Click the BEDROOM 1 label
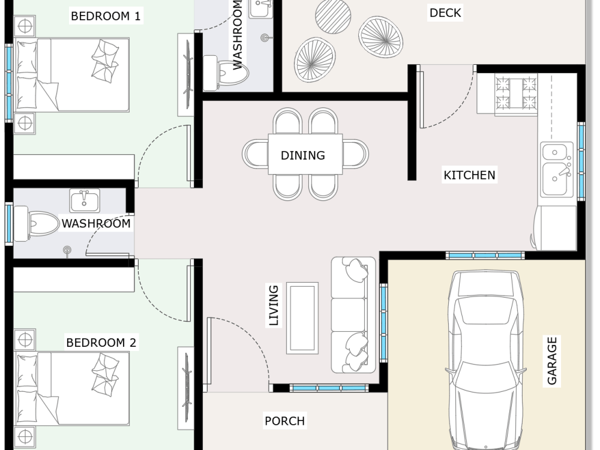tap(106, 16)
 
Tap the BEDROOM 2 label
tap(101, 343)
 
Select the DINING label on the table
tap(302, 155)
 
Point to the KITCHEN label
tap(469, 175)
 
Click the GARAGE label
tap(552, 361)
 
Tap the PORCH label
tap(284, 421)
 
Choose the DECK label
tap(445, 13)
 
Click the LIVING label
tap(274, 305)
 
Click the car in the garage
tap(485, 360)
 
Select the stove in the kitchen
tap(516, 94)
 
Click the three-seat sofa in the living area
tap(353, 314)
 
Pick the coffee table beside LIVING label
tap(302, 318)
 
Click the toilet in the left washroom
tap(37, 223)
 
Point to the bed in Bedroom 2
tap(72, 389)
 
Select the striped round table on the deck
tap(333, 16)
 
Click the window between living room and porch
tap(329, 388)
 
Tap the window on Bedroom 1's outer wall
tap(9, 82)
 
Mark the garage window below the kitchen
tap(485, 255)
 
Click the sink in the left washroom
tap(85, 200)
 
